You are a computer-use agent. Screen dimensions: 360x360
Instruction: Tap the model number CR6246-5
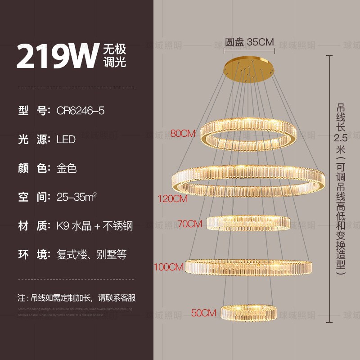81,111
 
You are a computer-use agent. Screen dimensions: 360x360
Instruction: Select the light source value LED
66,139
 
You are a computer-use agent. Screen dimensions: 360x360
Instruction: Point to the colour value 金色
67,168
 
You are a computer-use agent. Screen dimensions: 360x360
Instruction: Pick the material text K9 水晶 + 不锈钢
95,226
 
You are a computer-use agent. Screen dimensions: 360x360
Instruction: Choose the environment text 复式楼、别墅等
91,255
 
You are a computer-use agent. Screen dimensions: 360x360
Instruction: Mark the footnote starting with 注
76,298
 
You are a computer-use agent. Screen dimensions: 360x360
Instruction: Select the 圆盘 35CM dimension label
250,42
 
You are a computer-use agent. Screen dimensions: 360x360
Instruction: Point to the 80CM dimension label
183,133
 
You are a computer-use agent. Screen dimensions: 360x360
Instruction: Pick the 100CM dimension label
169,267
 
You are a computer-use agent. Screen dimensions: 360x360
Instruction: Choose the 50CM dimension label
203,313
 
